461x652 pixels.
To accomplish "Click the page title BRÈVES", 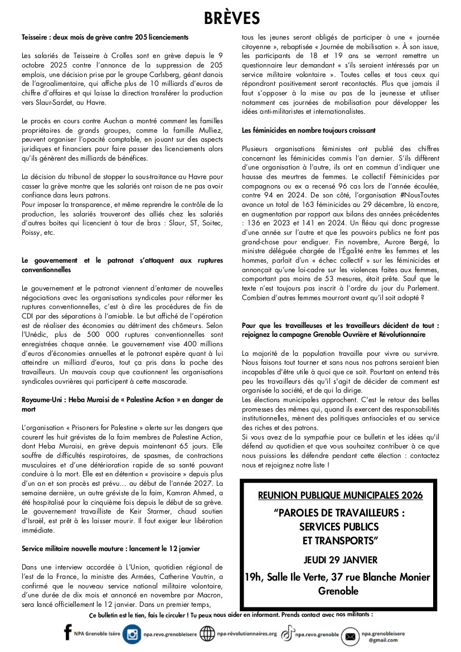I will pos(231,18).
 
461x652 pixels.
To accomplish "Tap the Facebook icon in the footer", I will pos(67,632).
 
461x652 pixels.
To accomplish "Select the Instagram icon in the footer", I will pos(132,634).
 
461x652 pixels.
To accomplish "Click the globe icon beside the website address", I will pos(207,634).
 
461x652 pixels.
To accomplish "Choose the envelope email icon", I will pos(350,636).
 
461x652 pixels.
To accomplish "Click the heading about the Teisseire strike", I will pos(105,37).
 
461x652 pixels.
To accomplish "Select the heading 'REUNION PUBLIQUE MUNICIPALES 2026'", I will pos(341,495).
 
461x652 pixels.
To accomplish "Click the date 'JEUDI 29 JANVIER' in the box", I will pos(341,559).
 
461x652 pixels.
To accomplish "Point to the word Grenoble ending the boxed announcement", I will pos(338,591).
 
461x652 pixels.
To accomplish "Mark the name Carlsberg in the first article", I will pos(169,75).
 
